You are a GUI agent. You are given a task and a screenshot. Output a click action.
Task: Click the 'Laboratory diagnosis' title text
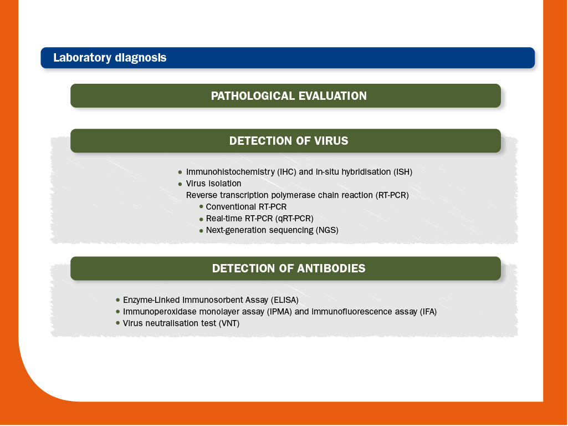click(110, 58)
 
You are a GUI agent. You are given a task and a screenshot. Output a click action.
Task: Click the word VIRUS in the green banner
click(331, 141)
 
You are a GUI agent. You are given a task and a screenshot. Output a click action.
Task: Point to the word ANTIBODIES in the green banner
click(331, 268)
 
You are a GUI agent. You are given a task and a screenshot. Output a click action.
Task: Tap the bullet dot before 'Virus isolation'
click(180, 184)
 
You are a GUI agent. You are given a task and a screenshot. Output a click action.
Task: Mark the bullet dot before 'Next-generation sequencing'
click(201, 231)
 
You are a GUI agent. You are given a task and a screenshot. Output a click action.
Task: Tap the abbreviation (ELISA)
click(284, 300)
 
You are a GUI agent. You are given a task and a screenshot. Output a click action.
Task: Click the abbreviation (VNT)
click(229, 323)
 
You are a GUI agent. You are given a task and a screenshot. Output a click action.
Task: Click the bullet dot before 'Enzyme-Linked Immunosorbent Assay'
click(117, 300)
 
